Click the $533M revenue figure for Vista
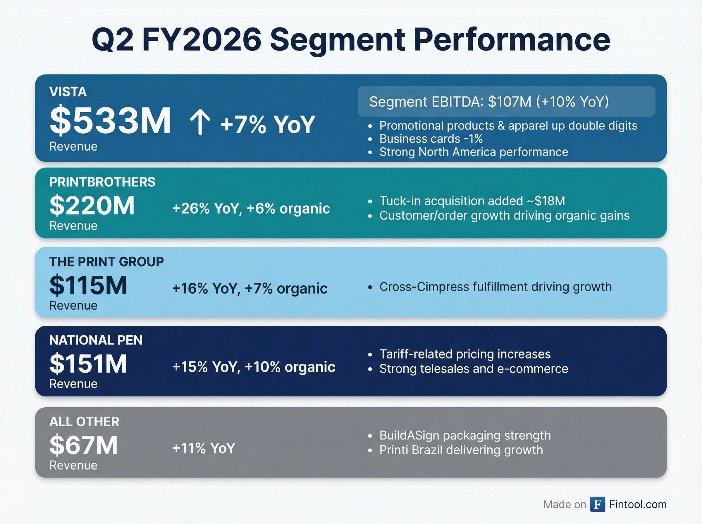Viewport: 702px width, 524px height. click(x=110, y=121)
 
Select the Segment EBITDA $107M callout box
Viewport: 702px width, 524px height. click(x=506, y=101)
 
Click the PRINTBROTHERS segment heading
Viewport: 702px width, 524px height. click(x=102, y=182)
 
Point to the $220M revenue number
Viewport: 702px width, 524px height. click(x=92, y=206)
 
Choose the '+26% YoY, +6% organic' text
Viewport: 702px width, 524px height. click(x=251, y=208)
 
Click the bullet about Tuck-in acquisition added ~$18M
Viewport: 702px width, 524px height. click(x=472, y=201)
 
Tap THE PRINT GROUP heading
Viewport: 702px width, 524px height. click(x=106, y=262)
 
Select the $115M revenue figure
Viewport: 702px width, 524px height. click(x=88, y=285)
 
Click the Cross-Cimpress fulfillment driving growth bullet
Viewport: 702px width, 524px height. click(x=495, y=287)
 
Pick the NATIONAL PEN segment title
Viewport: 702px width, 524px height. click(x=96, y=340)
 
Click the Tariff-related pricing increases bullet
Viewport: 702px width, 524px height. click(x=465, y=354)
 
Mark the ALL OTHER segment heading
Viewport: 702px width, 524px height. click(x=84, y=422)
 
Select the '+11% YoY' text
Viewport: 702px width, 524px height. click(x=204, y=448)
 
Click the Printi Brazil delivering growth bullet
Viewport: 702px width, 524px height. click(x=461, y=450)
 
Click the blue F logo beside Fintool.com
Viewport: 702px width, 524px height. click(x=597, y=504)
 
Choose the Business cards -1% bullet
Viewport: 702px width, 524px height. click(x=431, y=139)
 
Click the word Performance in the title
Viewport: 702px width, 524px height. click(x=512, y=40)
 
